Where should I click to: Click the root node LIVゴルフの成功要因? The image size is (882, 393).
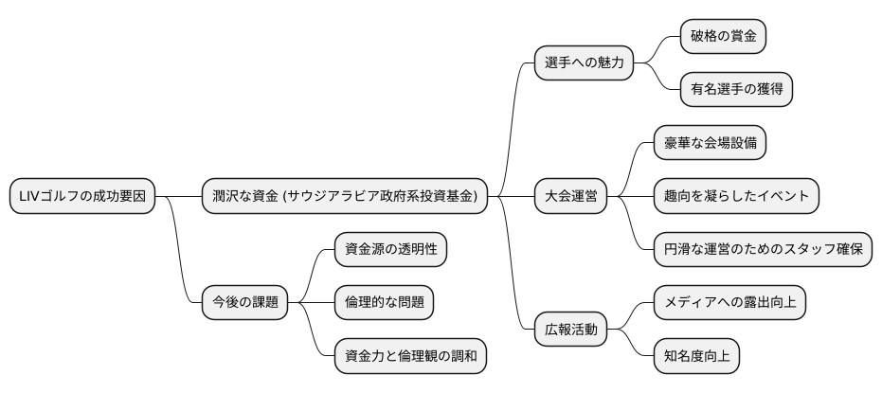pos(82,196)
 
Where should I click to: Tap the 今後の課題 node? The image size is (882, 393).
pos(243,303)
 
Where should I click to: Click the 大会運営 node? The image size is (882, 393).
pos(569,196)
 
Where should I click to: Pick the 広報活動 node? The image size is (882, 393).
pos(569,330)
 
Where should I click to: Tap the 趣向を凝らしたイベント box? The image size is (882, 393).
pos(735,196)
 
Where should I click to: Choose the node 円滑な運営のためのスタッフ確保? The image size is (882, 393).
pos(762,249)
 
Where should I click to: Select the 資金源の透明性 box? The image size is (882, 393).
pos(390,249)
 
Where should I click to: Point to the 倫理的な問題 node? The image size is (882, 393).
pos(384,303)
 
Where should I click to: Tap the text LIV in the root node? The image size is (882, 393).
pos(27,196)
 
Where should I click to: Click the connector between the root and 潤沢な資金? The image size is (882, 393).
pos(178,196)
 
